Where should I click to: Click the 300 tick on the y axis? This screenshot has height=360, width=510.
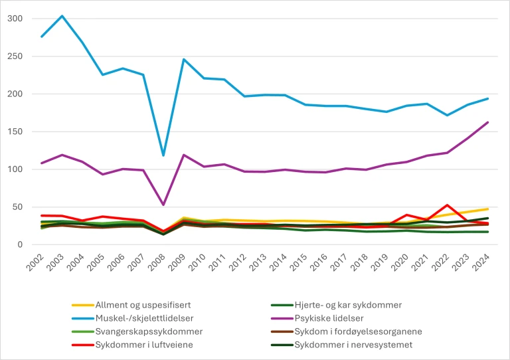tap(15, 19)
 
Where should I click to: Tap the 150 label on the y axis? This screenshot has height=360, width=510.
tap(15, 132)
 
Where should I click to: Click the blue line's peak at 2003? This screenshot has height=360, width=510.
tap(61, 16)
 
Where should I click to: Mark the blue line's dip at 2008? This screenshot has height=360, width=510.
tap(163, 155)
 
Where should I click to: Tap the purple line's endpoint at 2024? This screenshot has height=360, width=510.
tap(488, 122)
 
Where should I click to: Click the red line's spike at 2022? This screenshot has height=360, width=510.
tap(448, 205)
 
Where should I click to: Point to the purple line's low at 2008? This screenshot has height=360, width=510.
tap(163, 205)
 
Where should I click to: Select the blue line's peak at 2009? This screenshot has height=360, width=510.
tap(183, 59)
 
